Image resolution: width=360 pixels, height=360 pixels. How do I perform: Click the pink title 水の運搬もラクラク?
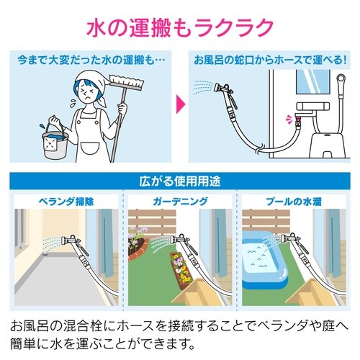pyautogui.click(x=180, y=27)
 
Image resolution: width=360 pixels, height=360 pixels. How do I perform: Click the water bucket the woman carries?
pyautogui.click(x=53, y=140)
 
